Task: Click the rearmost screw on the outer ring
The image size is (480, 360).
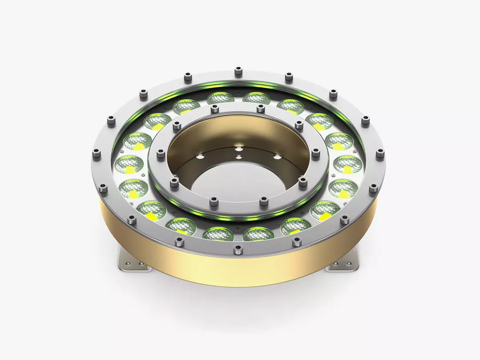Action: pos(238,72)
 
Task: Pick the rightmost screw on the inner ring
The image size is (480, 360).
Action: pos(316,152)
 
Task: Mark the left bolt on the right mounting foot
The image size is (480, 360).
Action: pos(335,265)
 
